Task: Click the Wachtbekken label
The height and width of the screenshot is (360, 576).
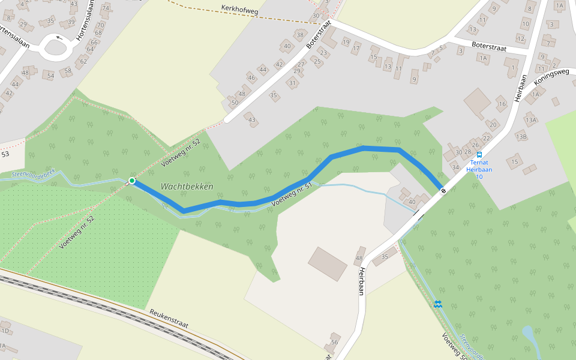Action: (187, 187)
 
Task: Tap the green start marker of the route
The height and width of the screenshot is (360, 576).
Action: (132, 181)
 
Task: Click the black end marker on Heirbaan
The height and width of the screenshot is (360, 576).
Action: (443, 191)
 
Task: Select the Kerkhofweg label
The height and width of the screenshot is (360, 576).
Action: (239, 9)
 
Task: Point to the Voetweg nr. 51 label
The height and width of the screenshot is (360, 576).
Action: (292, 196)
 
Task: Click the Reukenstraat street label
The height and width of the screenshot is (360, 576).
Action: (169, 319)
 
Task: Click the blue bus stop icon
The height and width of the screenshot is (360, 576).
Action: (479, 154)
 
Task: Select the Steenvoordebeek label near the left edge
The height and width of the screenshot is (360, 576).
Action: (34, 173)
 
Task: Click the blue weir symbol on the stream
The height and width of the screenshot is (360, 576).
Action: (439, 304)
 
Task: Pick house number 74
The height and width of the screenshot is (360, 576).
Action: (106, 8)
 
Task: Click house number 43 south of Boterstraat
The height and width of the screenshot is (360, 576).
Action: (252, 120)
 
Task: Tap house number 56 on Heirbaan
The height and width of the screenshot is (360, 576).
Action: (334, 342)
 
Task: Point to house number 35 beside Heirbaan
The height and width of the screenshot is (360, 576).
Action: (385, 257)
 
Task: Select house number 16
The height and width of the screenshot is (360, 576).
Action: (502, 104)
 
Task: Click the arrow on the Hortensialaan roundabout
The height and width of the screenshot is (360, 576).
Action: (59, 37)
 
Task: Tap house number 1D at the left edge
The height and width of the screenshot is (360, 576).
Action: (5, 331)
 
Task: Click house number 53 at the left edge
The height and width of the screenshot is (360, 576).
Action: (5, 154)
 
